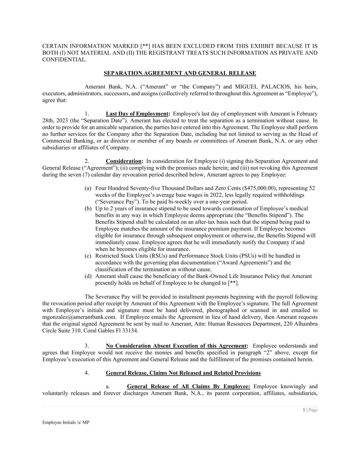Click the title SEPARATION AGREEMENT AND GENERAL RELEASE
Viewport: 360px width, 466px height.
click(180, 73)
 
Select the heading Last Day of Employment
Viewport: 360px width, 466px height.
click(137, 114)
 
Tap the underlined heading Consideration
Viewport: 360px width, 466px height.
click(124, 161)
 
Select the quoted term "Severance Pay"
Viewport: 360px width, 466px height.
click(114, 201)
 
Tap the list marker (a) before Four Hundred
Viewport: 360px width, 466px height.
click(88, 188)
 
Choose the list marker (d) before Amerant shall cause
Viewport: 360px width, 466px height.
click(88, 276)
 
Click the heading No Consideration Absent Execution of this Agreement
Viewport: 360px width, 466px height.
click(176, 346)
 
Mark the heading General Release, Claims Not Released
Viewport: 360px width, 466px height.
click(183, 373)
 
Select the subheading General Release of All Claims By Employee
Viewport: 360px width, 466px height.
click(188, 386)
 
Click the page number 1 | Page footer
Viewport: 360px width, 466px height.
click(310, 410)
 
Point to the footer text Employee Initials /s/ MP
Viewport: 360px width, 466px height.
click(66, 422)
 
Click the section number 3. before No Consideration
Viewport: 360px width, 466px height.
click(87, 346)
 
